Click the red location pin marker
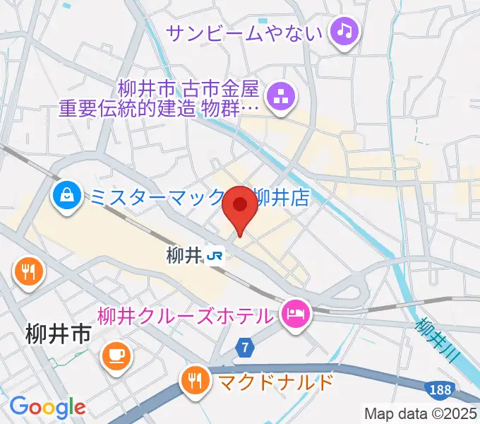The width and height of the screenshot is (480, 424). pos(239,208)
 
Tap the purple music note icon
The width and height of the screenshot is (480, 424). pos(344,31)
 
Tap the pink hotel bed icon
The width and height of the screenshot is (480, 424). pos(294,313)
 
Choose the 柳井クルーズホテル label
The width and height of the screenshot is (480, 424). pos(185,314)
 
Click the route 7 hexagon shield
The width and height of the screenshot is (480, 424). pos(244,347)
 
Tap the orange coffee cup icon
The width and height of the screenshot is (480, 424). pos(116,355)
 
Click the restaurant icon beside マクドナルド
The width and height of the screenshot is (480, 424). pos(195,382)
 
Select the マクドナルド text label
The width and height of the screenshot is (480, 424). pos(276,383)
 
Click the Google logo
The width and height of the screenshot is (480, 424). pos(47,407)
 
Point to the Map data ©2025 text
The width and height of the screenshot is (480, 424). pos(421,413)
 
